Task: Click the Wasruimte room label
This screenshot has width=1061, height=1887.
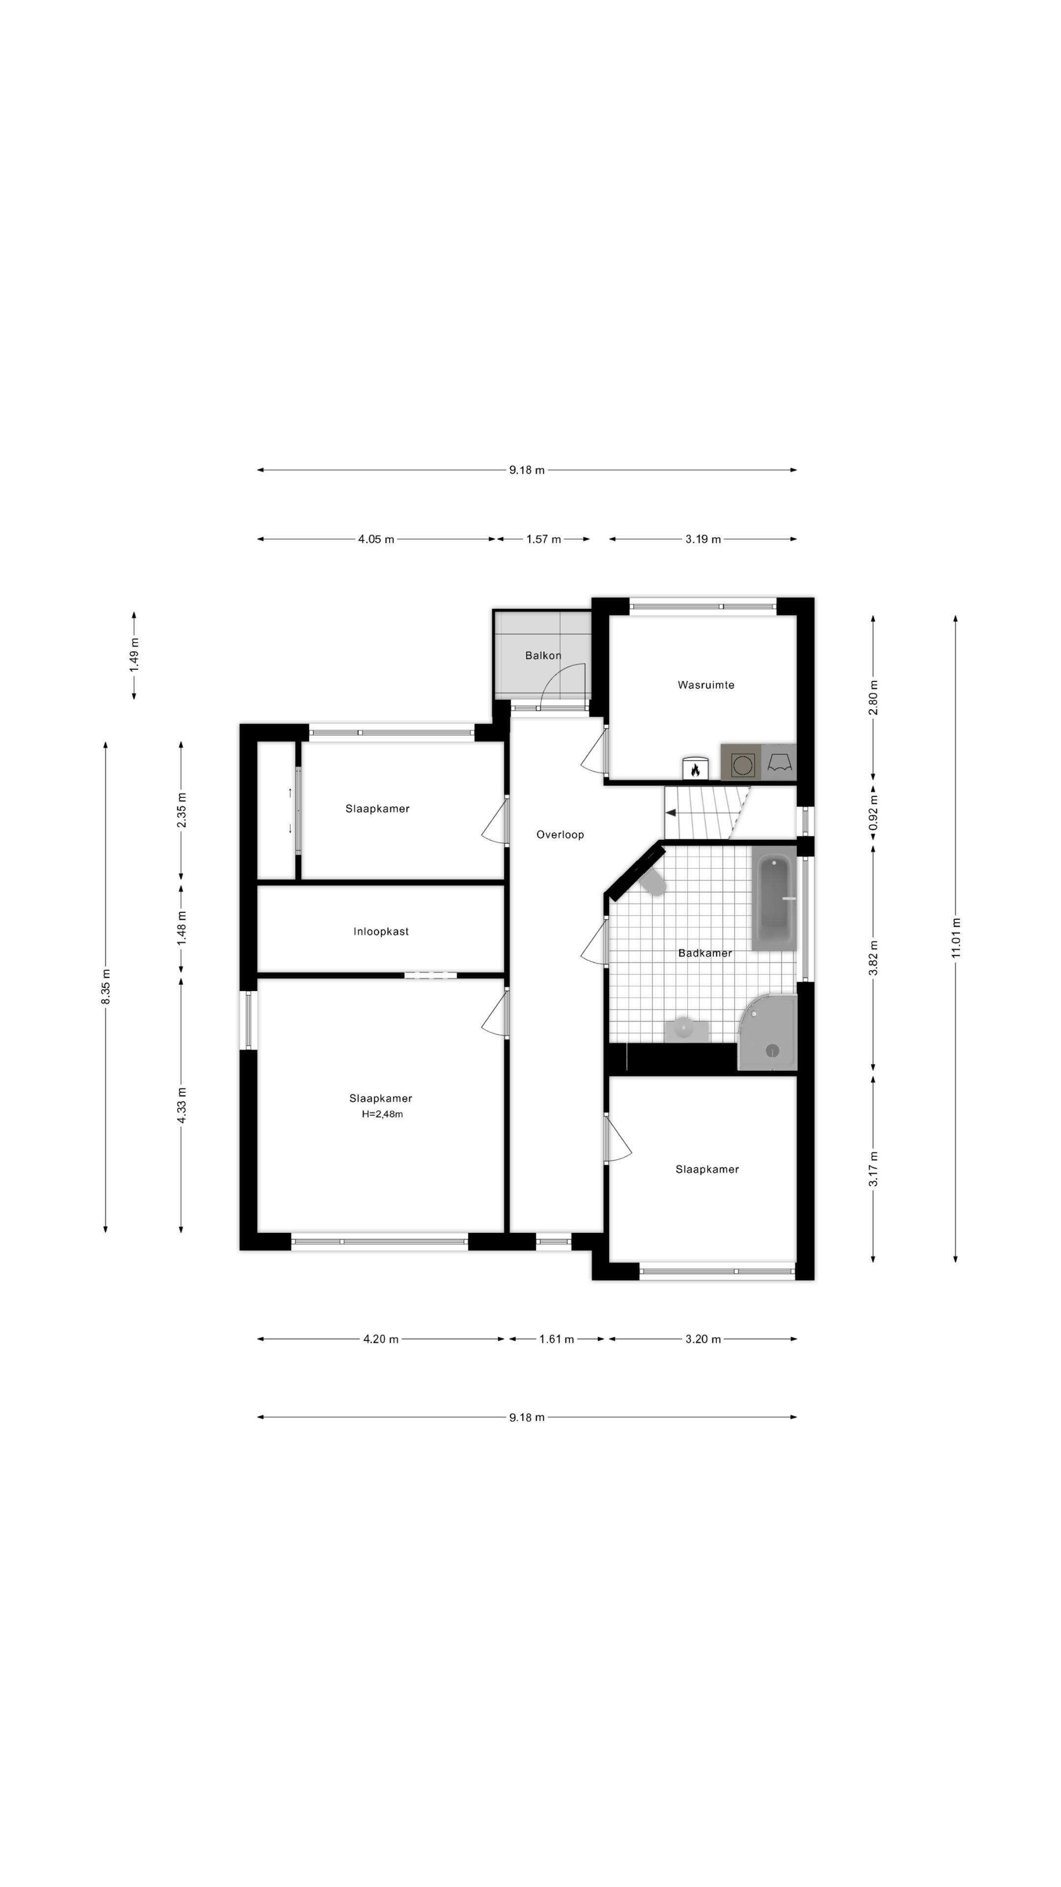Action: (x=705, y=685)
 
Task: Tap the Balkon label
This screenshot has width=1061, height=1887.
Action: (x=543, y=656)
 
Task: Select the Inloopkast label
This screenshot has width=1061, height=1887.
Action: (x=381, y=932)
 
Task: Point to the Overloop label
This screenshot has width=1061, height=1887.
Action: (x=560, y=834)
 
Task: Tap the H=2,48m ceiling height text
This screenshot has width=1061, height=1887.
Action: (x=382, y=1114)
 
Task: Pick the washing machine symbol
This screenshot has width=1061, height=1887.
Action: (x=742, y=763)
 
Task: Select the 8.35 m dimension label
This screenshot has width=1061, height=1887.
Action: (x=106, y=987)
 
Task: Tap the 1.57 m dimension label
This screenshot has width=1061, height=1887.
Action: (x=543, y=539)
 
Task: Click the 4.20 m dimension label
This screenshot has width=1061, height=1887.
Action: (x=381, y=1339)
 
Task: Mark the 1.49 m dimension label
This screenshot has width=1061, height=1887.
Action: (x=134, y=655)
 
